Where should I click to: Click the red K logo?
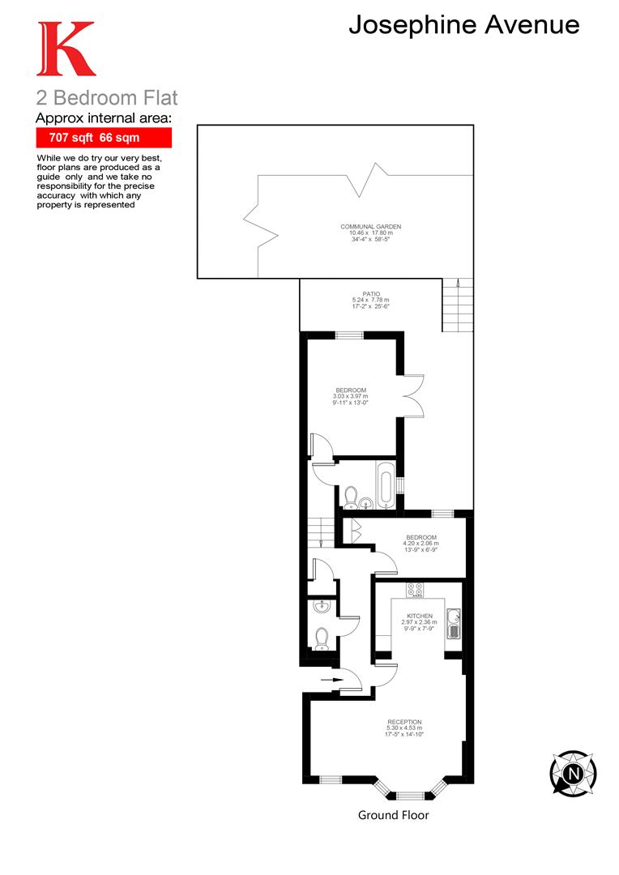click(66, 50)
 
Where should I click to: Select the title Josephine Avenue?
click(463, 25)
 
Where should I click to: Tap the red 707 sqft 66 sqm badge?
click(104, 139)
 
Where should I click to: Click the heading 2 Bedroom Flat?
click(106, 99)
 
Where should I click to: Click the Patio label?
click(371, 300)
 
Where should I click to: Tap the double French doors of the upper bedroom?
click(412, 395)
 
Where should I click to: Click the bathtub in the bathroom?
click(387, 485)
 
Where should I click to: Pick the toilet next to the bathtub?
click(352, 494)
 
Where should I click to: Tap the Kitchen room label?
click(420, 622)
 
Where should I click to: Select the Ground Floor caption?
click(393, 815)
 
